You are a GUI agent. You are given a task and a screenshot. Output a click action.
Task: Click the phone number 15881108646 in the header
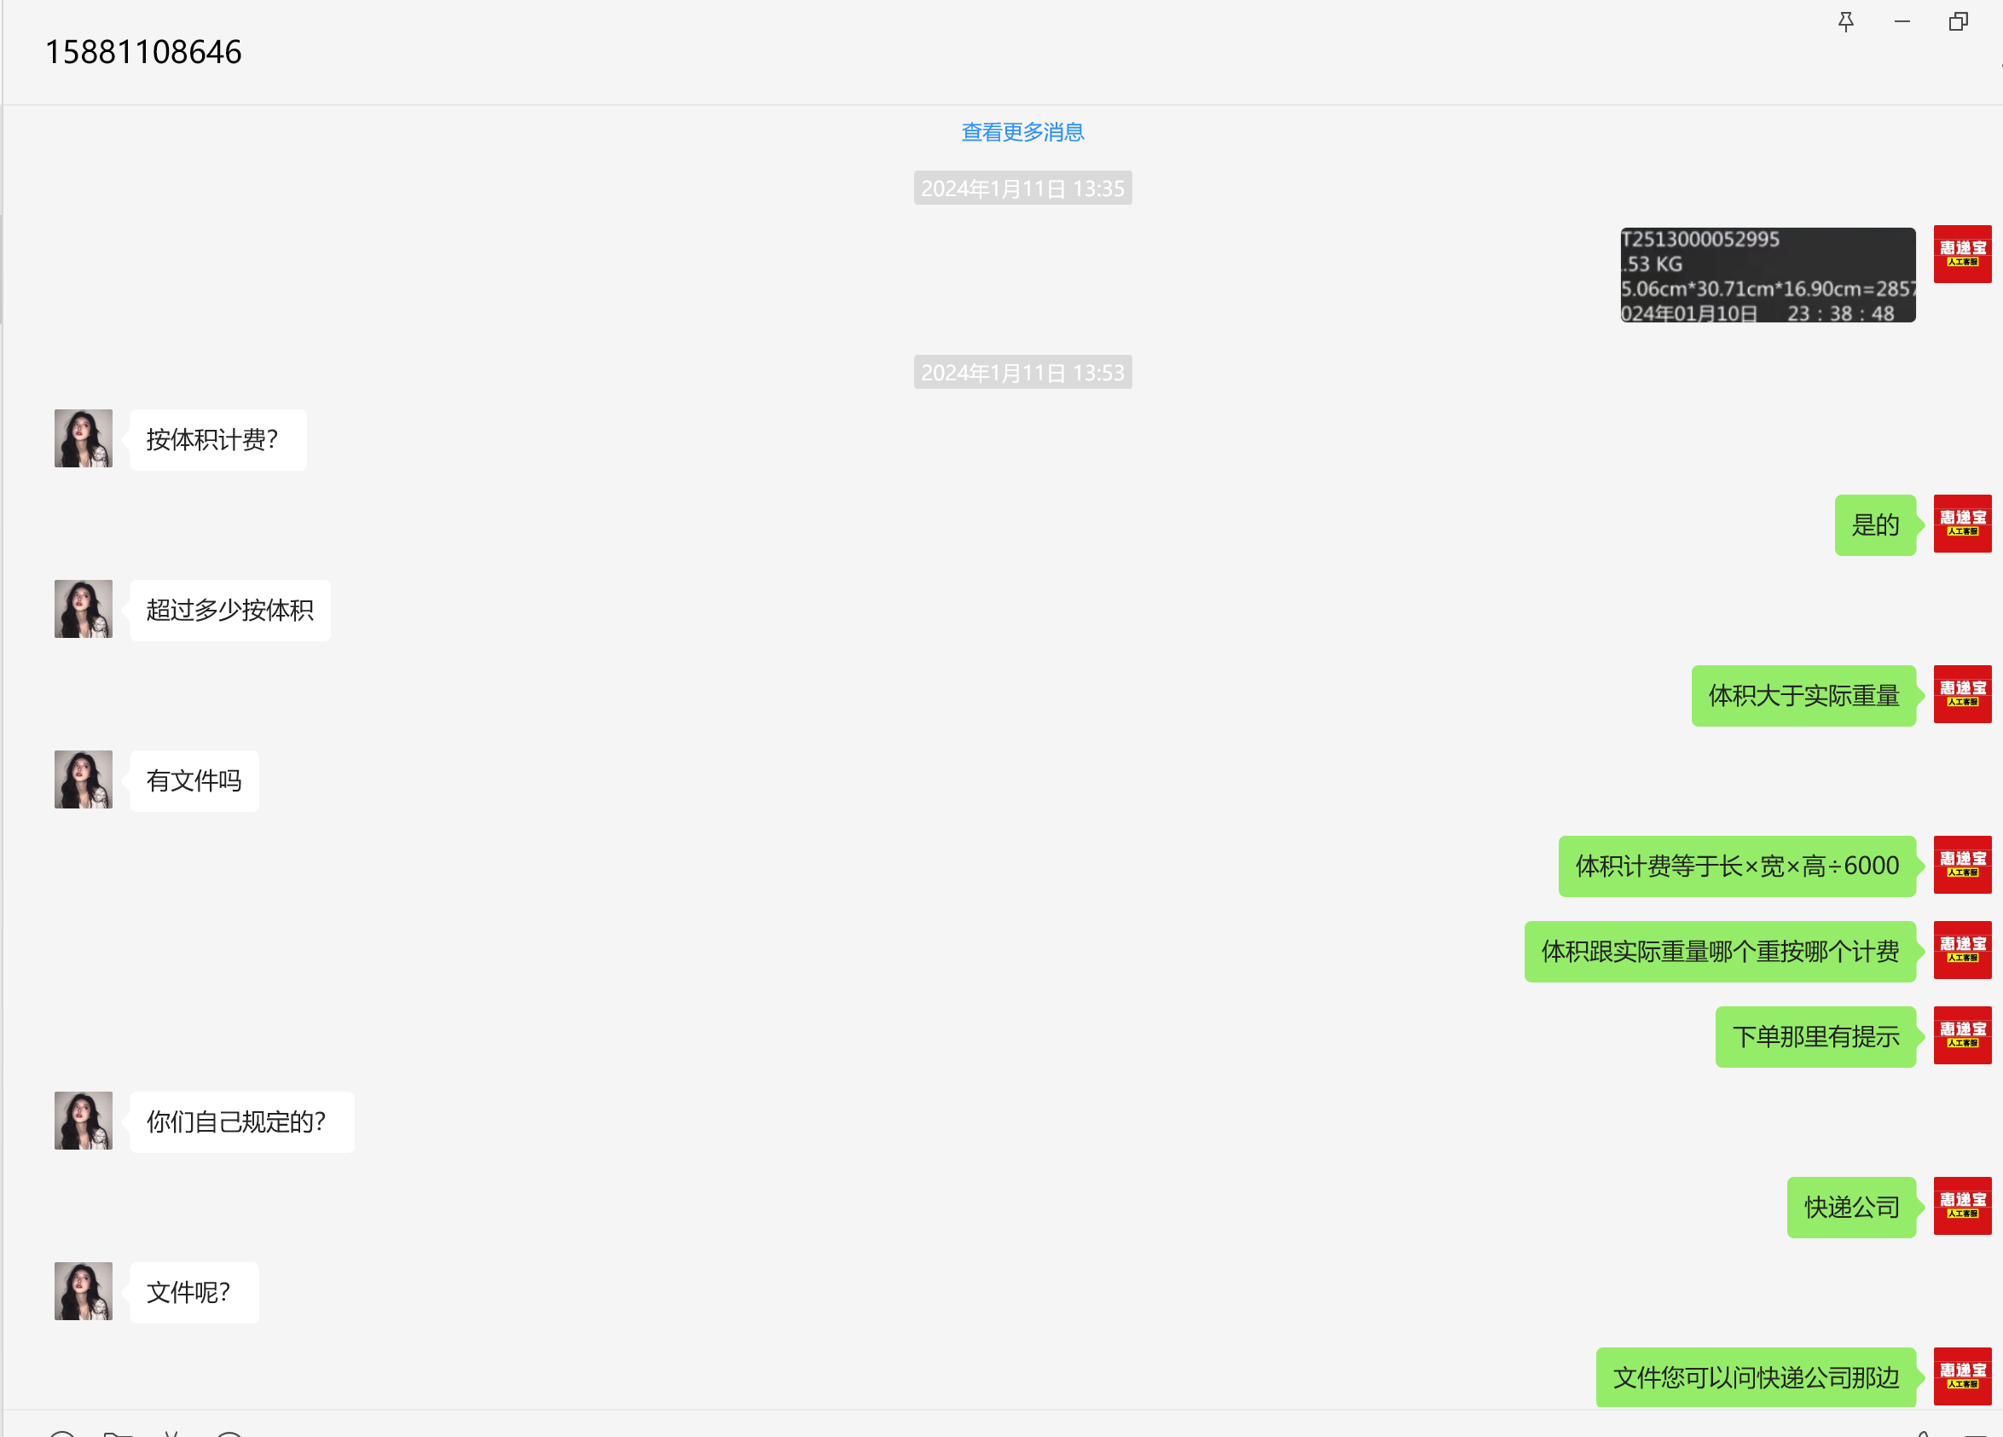[143, 52]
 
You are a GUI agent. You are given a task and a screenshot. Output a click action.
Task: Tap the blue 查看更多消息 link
[1022, 132]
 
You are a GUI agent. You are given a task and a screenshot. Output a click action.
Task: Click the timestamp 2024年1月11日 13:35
[1022, 188]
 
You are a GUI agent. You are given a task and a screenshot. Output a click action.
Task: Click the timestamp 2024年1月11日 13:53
[1022, 373]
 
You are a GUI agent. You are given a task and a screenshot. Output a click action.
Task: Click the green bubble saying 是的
[1874, 525]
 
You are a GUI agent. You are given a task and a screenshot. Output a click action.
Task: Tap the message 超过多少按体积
[229, 611]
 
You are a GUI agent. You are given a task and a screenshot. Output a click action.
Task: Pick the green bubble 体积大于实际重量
[1803, 696]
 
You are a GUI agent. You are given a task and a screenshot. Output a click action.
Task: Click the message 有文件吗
[194, 781]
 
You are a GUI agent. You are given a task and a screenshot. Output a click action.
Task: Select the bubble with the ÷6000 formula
[1736, 866]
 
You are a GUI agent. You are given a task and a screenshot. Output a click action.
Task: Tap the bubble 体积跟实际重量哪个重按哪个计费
[1720, 951]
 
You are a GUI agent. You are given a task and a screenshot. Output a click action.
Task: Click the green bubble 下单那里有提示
[1815, 1037]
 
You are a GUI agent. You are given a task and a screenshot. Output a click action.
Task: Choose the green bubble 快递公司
[1851, 1208]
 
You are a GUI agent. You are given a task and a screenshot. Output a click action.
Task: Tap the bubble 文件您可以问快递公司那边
[1755, 1378]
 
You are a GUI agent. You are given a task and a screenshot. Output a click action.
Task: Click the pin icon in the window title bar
[1845, 21]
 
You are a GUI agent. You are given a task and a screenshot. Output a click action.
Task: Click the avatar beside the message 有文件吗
[83, 779]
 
